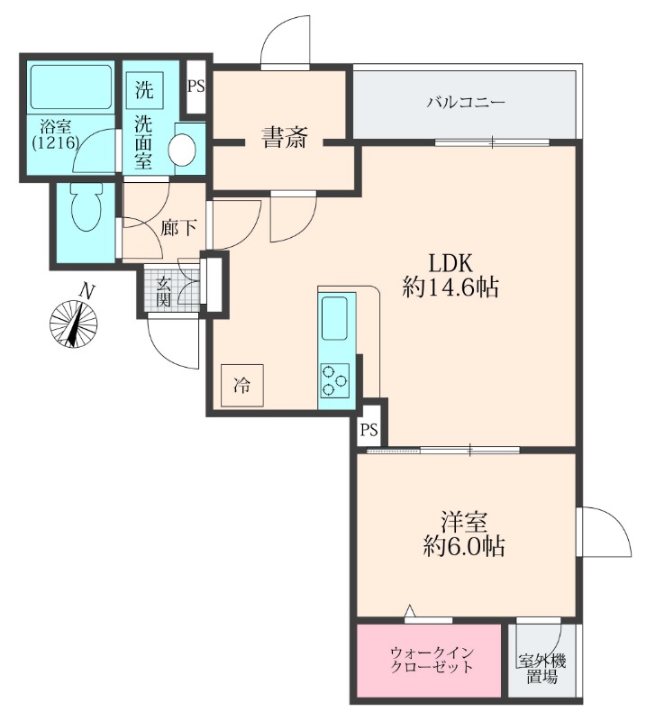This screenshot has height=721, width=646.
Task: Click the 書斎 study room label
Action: [x=284, y=137]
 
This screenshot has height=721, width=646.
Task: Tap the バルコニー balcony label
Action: [x=466, y=102]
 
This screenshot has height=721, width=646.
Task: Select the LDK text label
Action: [x=450, y=263]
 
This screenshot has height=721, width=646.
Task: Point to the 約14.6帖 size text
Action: [x=450, y=287]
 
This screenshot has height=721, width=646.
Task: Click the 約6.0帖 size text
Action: [x=463, y=546]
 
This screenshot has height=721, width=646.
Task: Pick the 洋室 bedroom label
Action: [x=463, y=522]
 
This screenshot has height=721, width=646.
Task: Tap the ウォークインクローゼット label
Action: [x=432, y=660]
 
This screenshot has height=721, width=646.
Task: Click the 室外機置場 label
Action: [x=542, y=669]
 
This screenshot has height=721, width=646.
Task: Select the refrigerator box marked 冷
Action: [x=241, y=386]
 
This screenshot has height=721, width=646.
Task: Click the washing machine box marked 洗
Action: [x=144, y=89]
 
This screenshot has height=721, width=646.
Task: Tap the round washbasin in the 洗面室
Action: [x=183, y=149]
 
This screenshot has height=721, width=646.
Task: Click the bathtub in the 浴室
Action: [x=71, y=87]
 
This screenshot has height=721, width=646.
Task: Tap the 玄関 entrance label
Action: [x=163, y=291]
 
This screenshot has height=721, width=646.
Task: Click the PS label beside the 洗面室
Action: [x=196, y=87]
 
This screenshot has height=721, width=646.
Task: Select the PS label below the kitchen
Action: [x=368, y=430]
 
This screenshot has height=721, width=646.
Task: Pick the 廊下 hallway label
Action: [x=178, y=228]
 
